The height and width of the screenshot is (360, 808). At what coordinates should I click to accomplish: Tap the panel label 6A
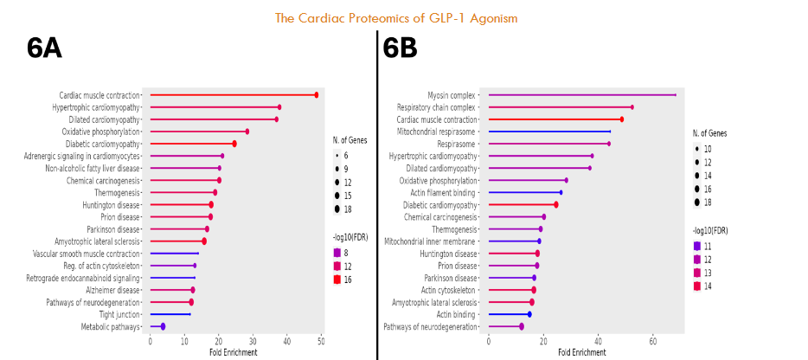[x=44, y=49]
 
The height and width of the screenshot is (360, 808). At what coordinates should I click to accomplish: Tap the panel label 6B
[x=401, y=49]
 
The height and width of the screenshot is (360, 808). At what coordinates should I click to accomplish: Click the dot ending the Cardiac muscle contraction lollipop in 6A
[x=317, y=95]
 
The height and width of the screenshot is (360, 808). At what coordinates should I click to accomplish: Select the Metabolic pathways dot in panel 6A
[x=163, y=326]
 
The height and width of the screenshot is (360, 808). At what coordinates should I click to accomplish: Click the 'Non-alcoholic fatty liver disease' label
[x=93, y=168]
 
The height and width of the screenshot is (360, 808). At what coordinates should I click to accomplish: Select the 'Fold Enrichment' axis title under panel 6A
[x=234, y=352]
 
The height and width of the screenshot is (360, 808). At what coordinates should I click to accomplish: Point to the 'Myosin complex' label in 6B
[x=452, y=95]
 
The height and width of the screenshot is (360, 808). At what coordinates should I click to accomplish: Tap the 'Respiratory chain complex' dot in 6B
[x=632, y=107]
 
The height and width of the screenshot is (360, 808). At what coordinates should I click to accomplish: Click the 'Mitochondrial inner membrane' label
[x=430, y=241]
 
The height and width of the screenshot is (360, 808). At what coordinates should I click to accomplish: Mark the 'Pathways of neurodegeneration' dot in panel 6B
[x=522, y=326]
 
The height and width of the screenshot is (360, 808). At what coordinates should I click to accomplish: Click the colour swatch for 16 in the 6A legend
[x=337, y=280]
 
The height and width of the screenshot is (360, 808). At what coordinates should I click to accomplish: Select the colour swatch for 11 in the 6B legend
[x=697, y=246]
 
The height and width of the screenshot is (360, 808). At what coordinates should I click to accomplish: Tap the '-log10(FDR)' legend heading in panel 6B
[x=710, y=231]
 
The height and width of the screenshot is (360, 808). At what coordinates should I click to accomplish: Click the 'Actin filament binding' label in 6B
[x=441, y=192]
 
